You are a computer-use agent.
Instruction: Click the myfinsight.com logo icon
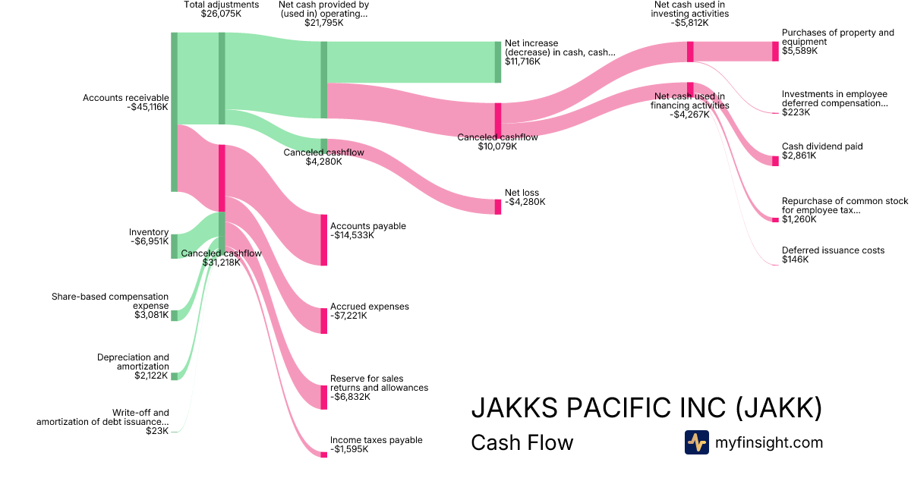click(697, 442)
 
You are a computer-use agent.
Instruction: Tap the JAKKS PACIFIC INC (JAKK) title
click(647, 407)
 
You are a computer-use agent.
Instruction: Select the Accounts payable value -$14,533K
click(352, 235)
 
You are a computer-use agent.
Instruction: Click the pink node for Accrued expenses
click(323, 321)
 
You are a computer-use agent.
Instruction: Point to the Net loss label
click(522, 193)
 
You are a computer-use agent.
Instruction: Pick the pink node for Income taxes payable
click(323, 454)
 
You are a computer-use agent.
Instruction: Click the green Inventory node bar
click(174, 247)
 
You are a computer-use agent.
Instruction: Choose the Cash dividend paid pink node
click(775, 161)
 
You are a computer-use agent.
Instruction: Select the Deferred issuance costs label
click(833, 250)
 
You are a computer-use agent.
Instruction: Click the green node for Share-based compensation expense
click(174, 316)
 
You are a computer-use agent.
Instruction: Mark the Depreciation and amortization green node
click(174, 376)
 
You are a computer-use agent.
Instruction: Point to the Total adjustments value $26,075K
click(221, 14)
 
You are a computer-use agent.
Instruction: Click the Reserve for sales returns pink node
click(323, 397)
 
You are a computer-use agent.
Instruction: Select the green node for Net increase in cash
click(498, 62)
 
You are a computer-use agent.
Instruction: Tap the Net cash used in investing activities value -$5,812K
click(690, 23)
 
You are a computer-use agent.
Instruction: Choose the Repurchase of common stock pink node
click(775, 220)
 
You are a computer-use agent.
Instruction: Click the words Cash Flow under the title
click(522, 442)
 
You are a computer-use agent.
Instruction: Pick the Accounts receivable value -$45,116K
click(147, 107)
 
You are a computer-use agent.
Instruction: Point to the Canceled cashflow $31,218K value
click(221, 263)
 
